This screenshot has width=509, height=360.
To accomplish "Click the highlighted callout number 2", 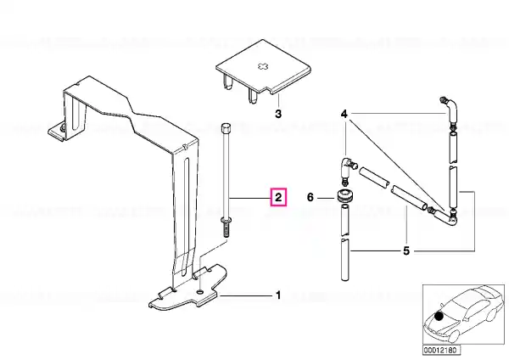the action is click(278, 197).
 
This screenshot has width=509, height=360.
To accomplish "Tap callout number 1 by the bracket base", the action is click(278, 295).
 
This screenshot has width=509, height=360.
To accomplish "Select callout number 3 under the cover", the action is click(278, 114).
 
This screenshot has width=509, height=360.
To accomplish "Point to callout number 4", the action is click(344, 114).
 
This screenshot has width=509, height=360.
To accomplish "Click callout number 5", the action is click(406, 251).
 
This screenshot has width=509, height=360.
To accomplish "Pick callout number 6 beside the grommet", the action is click(310, 197).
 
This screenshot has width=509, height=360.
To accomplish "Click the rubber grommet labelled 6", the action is click(344, 195).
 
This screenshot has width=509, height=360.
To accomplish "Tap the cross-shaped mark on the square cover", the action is click(263, 66).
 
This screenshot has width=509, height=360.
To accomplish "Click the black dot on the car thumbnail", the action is click(439, 316).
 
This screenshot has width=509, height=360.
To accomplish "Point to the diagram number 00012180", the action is click(441, 350).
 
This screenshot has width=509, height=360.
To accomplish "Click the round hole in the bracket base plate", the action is click(200, 291).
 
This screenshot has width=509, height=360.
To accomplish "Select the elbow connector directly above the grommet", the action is click(347, 168).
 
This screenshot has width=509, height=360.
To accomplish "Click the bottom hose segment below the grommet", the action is click(344, 259).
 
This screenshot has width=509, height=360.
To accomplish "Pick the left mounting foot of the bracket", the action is click(57, 132).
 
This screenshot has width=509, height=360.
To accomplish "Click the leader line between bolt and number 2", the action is click(250, 198).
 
